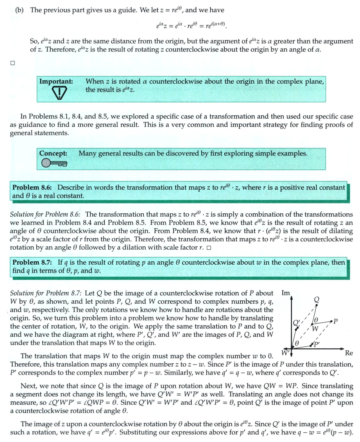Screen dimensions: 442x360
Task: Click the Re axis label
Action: (x=349, y=353)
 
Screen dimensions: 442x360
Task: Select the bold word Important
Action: (x=56, y=81)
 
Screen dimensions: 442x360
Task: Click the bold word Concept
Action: (x=53, y=153)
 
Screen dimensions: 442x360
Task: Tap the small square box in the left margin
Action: (x=12, y=63)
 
